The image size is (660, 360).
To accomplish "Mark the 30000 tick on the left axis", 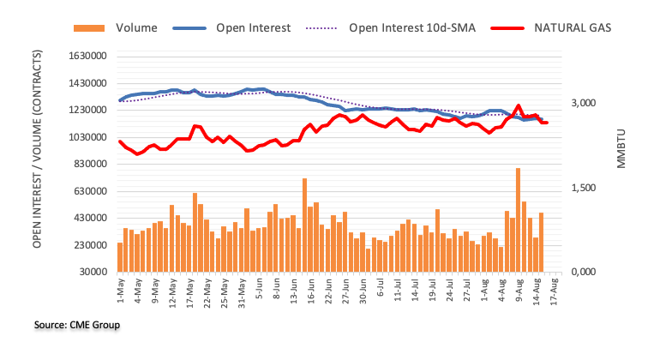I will point(93,273).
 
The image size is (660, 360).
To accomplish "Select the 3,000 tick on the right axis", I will point(587,104).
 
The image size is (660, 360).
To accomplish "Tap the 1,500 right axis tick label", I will point(587,188).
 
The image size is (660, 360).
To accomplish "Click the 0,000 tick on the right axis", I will point(587,273).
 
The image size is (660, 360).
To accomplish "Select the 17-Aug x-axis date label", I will point(555,291).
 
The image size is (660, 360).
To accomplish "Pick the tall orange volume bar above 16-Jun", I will point(304,225).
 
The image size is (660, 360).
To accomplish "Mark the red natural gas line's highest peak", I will point(519,106).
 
